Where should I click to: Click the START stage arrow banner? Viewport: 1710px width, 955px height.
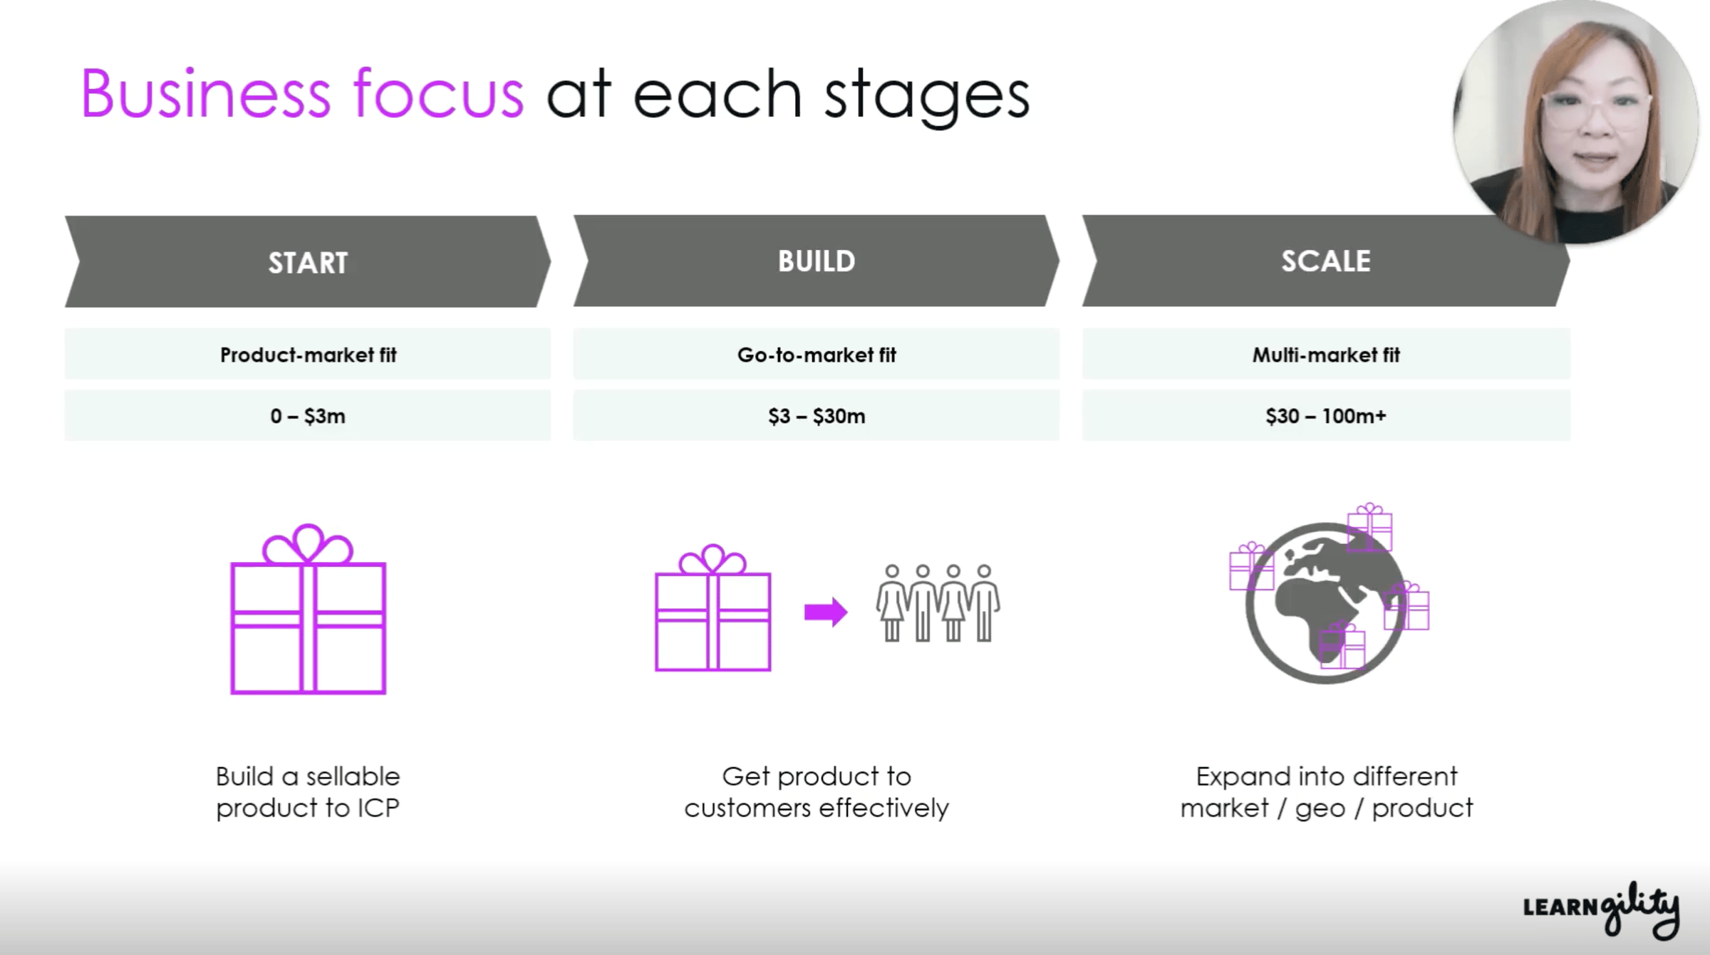coord(308,262)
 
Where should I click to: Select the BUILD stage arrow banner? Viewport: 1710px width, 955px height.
coord(817,261)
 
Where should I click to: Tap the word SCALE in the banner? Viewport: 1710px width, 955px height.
coord(1326,261)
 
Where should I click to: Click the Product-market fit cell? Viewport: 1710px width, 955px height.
coord(308,354)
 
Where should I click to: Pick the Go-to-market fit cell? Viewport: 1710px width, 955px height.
coord(817,354)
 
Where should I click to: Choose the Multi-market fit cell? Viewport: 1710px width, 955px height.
coord(1326,354)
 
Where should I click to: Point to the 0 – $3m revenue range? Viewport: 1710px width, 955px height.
coord(308,416)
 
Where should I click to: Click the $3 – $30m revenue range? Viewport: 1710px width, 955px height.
coord(817,416)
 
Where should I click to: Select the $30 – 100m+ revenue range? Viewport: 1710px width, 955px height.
coord(1326,416)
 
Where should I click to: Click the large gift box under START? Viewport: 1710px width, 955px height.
coord(308,612)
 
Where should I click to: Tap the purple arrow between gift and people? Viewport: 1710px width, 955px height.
coord(826,612)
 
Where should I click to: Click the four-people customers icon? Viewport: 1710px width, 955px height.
coord(938,604)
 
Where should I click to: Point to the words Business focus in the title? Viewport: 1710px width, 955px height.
coord(303,94)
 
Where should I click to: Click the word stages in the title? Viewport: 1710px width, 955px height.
coord(926,96)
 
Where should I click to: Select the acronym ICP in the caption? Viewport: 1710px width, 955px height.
coord(375,808)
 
